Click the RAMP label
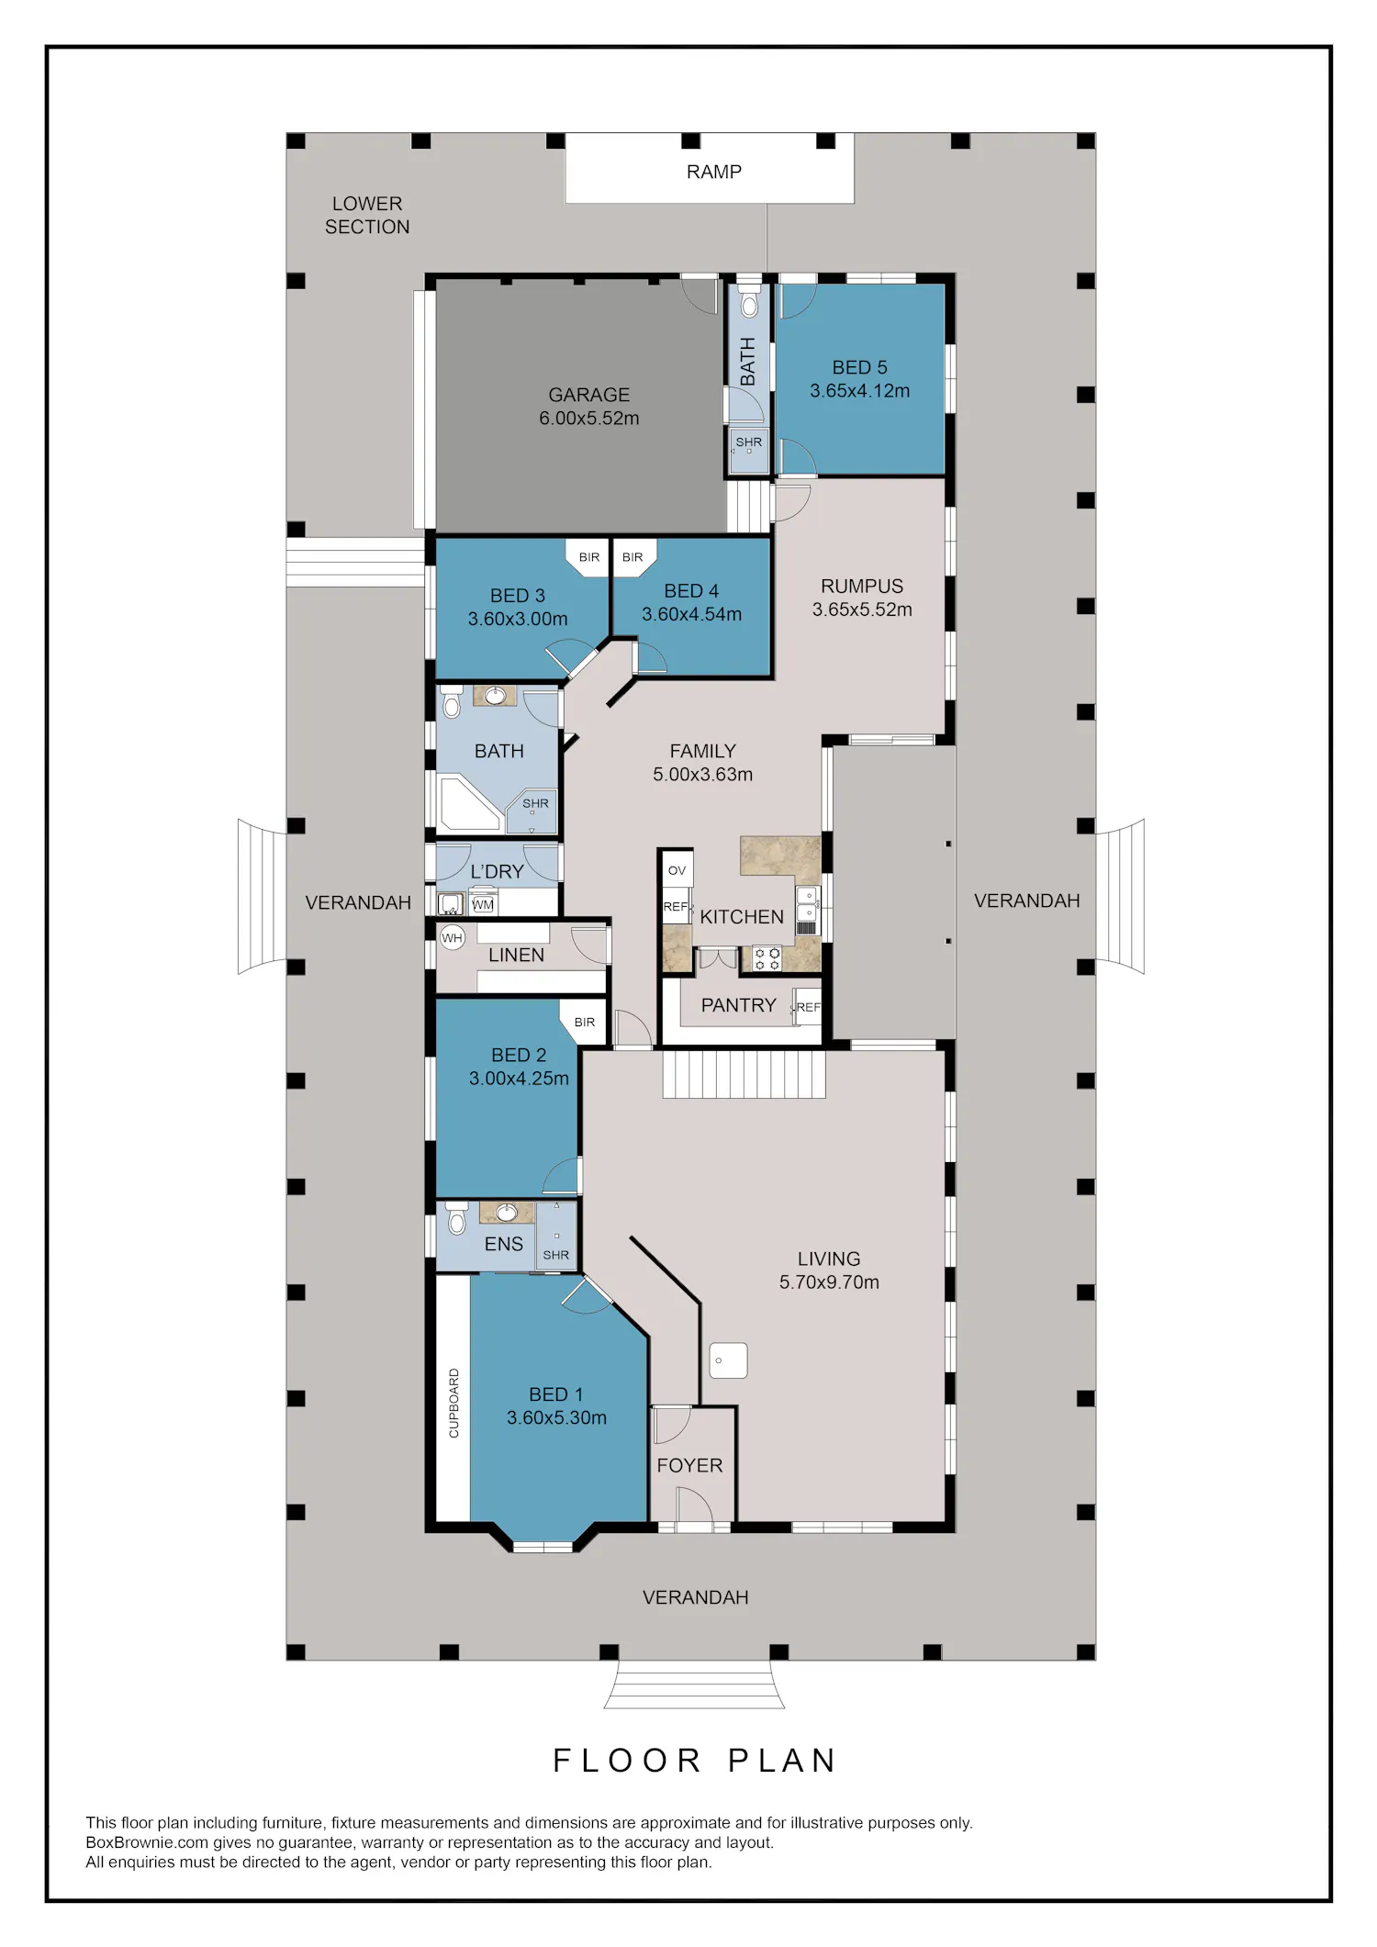coord(713,172)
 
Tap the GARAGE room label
coord(589,395)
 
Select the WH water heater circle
coord(452,938)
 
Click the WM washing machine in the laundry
coord(483,904)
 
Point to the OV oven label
coord(677,870)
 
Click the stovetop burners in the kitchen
coord(767,959)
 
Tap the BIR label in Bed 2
coord(585,1022)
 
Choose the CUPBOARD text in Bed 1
coord(453,1403)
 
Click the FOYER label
coord(689,1466)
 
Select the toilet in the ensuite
coord(455,1218)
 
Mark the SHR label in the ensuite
coord(556,1255)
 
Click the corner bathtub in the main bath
coord(469,804)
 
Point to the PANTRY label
coord(738,1005)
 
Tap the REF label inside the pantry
coord(808,1007)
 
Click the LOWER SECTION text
coord(367,215)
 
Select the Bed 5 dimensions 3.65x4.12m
coord(860,391)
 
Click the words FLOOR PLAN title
coord(695,1761)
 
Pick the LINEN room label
coord(516,955)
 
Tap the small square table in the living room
coord(729,1360)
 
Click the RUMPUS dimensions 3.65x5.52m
coord(862,610)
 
